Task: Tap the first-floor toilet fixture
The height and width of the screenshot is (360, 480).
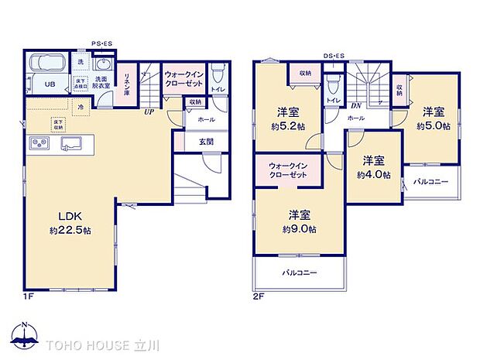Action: (218, 73)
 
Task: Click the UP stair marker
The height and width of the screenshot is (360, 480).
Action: (146, 111)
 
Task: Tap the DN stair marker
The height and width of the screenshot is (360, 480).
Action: (357, 105)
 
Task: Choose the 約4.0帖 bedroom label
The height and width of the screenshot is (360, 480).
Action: (374, 168)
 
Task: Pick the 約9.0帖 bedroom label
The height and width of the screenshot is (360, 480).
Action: (299, 222)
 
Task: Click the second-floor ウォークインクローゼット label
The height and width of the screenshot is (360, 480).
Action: (288, 170)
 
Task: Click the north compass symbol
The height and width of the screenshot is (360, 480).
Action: (26, 335)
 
